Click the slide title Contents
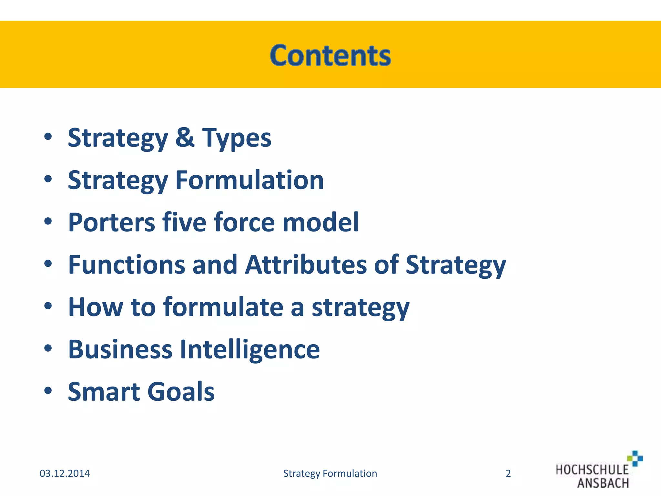330,56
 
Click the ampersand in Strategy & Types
185,138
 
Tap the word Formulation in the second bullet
249,180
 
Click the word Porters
112,222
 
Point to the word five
184,222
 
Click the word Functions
126,265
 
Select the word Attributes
306,265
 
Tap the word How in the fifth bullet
96,307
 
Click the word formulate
223,307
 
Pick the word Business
120,349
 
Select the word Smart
104,392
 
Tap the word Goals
181,392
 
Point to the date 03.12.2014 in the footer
65,473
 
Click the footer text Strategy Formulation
330,473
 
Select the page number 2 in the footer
508,473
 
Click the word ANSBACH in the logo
603,483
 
